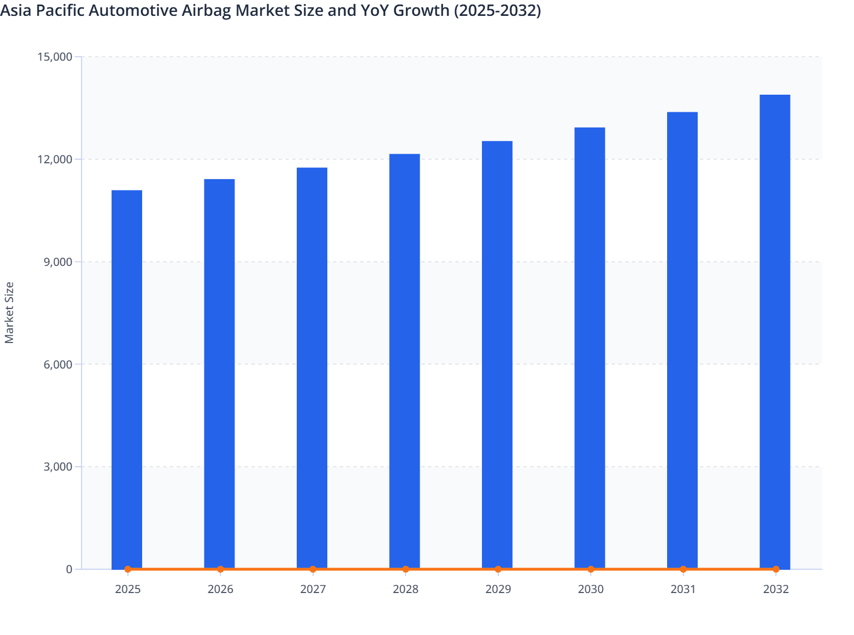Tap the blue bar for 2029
click(x=497, y=354)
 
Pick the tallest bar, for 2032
click(x=775, y=331)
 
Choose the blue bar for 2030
click(x=590, y=348)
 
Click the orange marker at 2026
click(x=220, y=569)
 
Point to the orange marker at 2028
click(x=405, y=569)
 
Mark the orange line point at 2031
click(x=683, y=569)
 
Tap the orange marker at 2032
click(x=776, y=569)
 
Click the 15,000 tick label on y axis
click(x=54, y=57)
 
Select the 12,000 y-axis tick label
click(x=54, y=159)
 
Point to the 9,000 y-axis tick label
click(x=57, y=262)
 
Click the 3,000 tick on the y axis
click(x=57, y=467)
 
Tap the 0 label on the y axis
click(x=69, y=569)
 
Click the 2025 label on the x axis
click(x=128, y=590)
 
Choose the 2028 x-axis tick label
click(x=405, y=590)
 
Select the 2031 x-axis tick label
click(x=683, y=590)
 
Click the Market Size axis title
click(x=9, y=312)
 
